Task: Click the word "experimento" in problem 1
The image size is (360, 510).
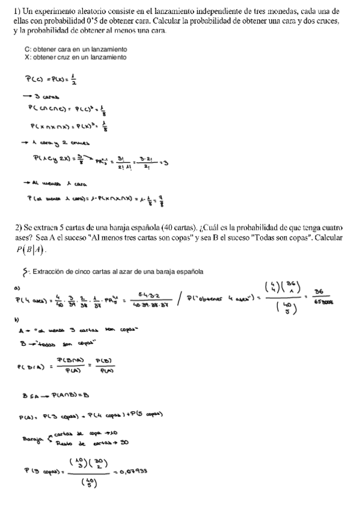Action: point(52,11)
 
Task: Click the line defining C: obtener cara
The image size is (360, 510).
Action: point(76,48)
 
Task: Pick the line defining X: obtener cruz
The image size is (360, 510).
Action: point(76,57)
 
